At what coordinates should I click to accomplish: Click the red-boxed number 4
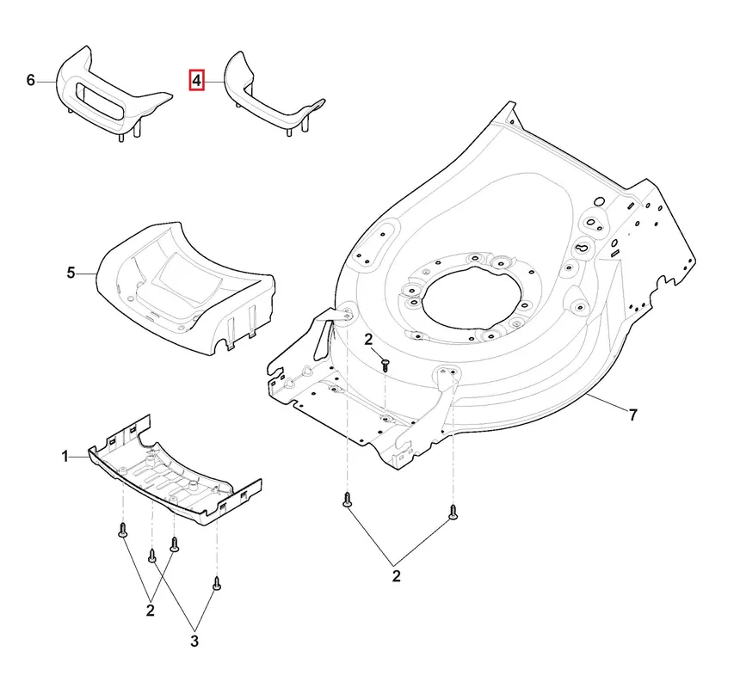pos(196,81)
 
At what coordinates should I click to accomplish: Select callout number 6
pos(30,81)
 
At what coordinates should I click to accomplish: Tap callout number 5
pos(71,273)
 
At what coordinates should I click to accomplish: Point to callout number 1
pos(65,456)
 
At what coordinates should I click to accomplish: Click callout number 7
pos(632,415)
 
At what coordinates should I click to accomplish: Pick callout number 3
pos(194,641)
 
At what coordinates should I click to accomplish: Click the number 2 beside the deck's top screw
pos(368,340)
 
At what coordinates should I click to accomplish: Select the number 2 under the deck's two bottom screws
pos(396,576)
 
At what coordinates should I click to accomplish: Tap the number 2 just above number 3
pos(150,611)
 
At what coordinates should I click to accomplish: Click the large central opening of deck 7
pos(472,298)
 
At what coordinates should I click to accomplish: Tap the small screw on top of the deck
pos(386,365)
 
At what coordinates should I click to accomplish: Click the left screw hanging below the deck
pos(347,500)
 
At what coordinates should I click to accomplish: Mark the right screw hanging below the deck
pos(453,512)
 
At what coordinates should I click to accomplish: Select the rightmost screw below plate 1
pos(216,584)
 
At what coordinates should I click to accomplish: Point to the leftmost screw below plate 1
pos(123,531)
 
